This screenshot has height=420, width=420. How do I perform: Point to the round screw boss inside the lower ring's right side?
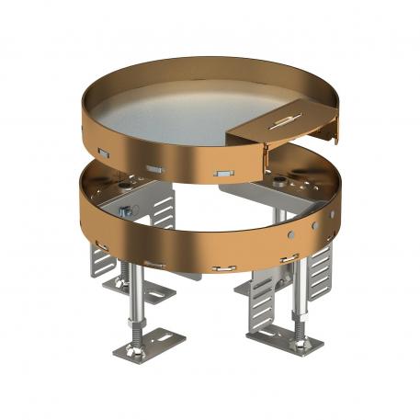pos(276,175)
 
